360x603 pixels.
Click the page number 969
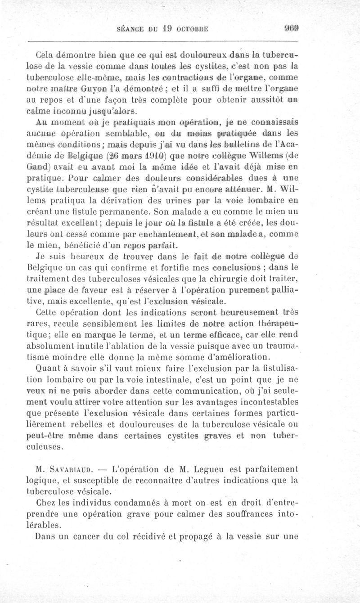click(292, 28)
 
